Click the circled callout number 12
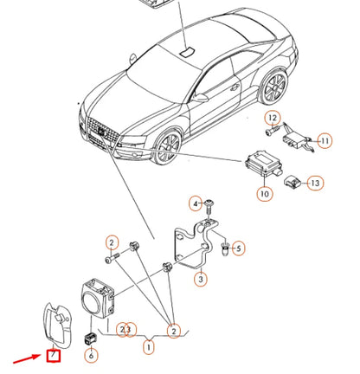(x=273, y=118)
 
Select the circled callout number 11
(x=325, y=141)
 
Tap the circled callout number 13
(x=315, y=183)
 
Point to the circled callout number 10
(x=265, y=194)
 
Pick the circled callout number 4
(x=196, y=203)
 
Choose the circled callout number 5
(x=238, y=248)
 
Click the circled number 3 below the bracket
(x=201, y=279)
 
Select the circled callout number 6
(x=91, y=355)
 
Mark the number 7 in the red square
(x=54, y=356)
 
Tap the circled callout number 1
(x=149, y=347)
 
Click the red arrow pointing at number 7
(x=28, y=358)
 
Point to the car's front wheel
(x=168, y=147)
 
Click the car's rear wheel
(x=273, y=87)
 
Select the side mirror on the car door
(x=200, y=98)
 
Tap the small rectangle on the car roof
(x=187, y=52)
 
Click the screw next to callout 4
(x=209, y=210)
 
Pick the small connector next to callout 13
(x=292, y=183)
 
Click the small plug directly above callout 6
(x=91, y=339)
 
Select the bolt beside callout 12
(x=273, y=130)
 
